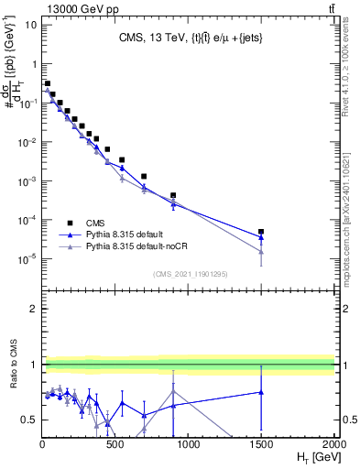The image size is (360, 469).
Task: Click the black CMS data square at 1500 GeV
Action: tap(261, 233)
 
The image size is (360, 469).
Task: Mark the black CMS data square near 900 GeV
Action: tap(173, 195)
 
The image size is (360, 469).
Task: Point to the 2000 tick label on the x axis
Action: tap(334, 445)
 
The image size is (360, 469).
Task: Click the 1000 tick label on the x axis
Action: tap(188, 445)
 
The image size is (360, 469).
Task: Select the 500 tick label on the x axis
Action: tap(115, 445)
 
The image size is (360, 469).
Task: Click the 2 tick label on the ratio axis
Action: tap(32, 309)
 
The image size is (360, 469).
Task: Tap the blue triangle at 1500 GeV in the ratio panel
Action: tap(261, 392)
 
